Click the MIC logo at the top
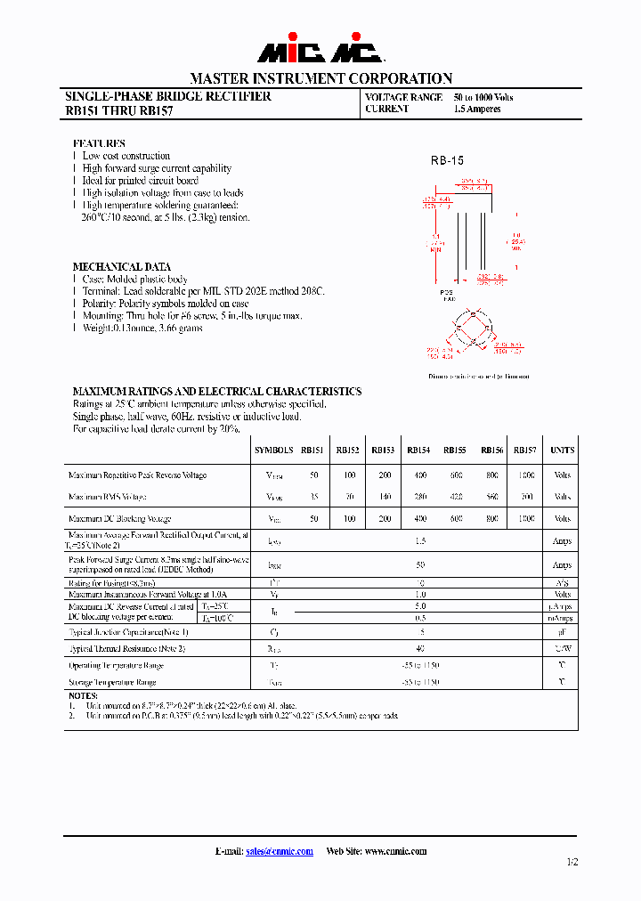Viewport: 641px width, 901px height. (320, 52)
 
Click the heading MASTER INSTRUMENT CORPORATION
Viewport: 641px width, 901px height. (320, 78)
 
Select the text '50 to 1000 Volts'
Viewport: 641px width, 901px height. (483, 97)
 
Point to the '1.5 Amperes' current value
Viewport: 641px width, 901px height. (477, 109)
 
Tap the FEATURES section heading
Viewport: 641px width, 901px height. (99, 143)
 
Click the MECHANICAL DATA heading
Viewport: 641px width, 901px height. (121, 266)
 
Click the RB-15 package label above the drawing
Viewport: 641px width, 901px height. (447, 160)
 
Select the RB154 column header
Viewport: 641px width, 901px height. (418, 450)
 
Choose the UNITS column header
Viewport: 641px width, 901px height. (562, 450)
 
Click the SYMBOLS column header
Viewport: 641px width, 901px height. (272, 450)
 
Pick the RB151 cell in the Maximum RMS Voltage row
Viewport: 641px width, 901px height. (313, 497)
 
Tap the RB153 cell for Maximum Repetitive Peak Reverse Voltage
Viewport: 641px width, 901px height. (384, 475)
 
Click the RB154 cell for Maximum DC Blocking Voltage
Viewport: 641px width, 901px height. (418, 518)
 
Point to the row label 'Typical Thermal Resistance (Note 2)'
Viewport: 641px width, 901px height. (127, 649)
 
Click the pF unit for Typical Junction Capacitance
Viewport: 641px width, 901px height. (562, 632)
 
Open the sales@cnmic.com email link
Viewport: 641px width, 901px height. (280, 851)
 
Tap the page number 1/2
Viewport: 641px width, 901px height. (572, 862)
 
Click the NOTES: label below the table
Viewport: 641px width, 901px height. (83, 695)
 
